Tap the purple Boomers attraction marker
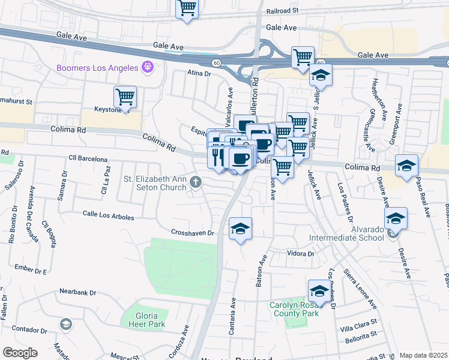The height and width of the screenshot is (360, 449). pos(146,67)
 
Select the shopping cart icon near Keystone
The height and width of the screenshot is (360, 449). pos(125,96)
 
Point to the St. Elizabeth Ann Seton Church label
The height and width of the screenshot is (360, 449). pos(156,183)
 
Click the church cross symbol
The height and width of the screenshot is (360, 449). pos(195,181)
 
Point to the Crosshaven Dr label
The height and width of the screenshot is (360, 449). pos(193,232)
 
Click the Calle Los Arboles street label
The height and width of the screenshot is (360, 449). pos(108,215)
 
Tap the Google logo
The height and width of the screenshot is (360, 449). pos(20,353)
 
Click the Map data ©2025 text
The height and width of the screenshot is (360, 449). pos(423,355)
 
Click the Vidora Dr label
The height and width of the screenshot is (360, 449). pos(301,254)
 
